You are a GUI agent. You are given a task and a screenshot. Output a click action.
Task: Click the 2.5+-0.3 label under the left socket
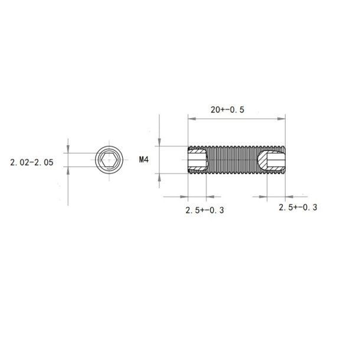(205, 210)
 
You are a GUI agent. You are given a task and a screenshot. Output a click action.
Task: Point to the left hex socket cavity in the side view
(197, 160)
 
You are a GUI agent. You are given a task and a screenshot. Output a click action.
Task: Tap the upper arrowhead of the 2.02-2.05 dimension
(68, 150)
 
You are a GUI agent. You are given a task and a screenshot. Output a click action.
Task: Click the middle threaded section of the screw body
(236, 160)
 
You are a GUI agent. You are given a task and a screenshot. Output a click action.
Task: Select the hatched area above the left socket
(197, 149)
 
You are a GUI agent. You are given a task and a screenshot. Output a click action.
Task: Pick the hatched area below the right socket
(276, 172)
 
